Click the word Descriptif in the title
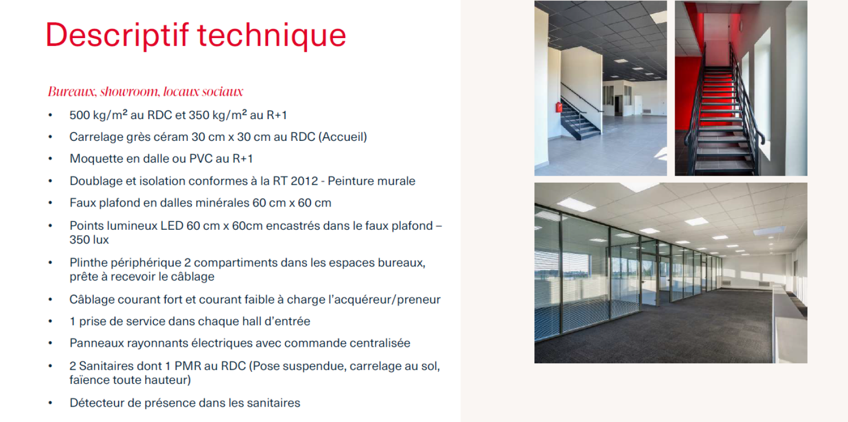(x=117, y=35)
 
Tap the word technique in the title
(x=272, y=35)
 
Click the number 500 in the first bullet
(x=79, y=115)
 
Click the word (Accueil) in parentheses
(x=342, y=137)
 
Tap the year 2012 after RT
(x=304, y=181)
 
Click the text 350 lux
(x=89, y=240)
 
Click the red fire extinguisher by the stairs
(x=559, y=107)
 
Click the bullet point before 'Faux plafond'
(x=50, y=203)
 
